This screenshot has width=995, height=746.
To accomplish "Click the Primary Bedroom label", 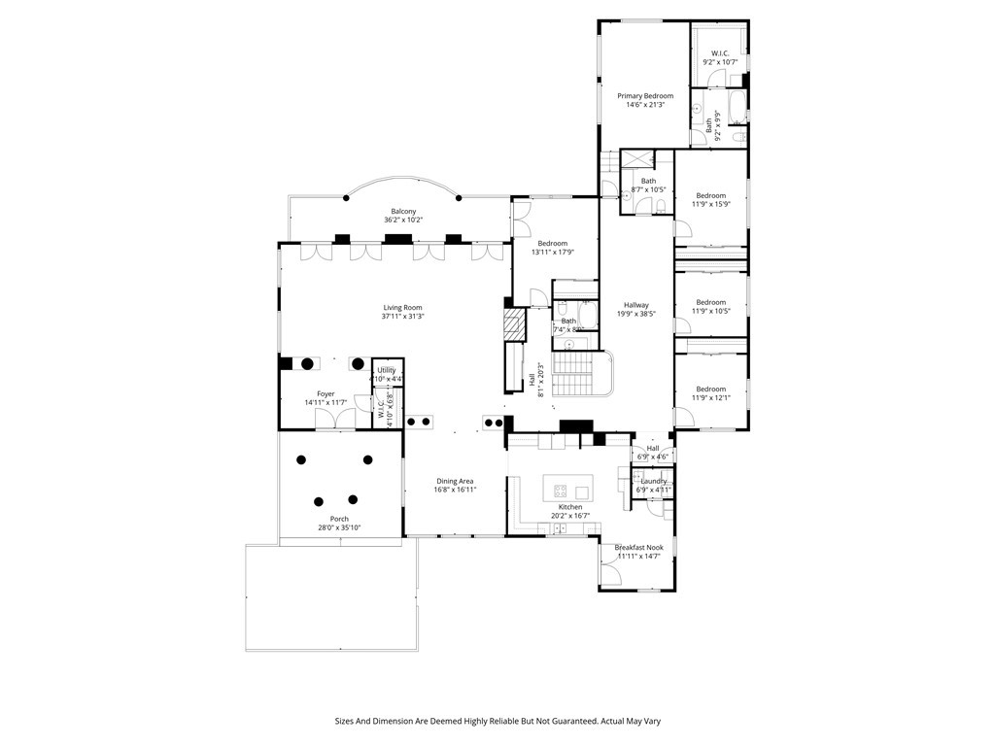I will tap(644, 96).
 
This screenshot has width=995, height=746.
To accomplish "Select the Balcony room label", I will tap(403, 212).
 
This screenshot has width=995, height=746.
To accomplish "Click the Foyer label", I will tap(325, 393).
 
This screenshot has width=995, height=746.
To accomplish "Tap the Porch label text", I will tap(339, 519).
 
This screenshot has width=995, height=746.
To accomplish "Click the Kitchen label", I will tap(570, 507).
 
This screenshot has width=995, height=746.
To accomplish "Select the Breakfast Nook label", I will tap(638, 547).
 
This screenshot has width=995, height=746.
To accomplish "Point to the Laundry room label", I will tap(653, 481).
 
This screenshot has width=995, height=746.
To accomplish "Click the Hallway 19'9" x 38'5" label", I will tap(636, 305).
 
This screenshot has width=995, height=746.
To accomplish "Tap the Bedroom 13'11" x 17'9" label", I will tap(552, 243).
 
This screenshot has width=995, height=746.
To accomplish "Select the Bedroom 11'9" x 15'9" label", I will tap(710, 195).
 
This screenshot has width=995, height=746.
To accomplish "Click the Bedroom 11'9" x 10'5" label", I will tap(710, 301).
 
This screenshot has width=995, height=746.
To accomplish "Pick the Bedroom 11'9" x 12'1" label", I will tap(710, 389).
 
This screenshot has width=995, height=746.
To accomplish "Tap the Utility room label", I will tap(387, 370).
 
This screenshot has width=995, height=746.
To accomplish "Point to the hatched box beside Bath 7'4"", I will tap(514, 323).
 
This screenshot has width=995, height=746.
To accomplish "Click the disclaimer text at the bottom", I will tap(497, 721).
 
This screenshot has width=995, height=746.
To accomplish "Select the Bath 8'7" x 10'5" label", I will tap(648, 181).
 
